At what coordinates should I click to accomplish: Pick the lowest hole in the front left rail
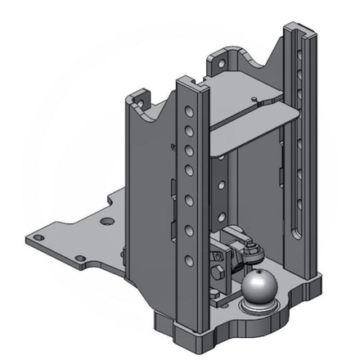coord(189,261)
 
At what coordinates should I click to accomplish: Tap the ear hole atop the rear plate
coord(240,59)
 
